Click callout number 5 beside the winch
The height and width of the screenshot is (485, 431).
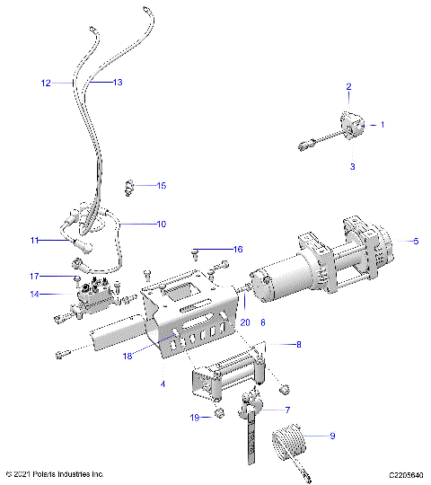tap(415, 241)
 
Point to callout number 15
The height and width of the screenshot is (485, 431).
tap(161, 186)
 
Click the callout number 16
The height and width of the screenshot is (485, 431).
tap(237, 249)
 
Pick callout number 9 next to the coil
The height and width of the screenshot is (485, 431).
tap(332, 436)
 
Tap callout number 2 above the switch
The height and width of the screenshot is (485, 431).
tap(349, 87)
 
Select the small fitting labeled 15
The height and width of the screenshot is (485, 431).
tap(131, 186)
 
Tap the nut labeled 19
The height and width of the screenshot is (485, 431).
tap(216, 414)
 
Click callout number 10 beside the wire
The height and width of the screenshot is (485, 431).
tap(161, 223)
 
